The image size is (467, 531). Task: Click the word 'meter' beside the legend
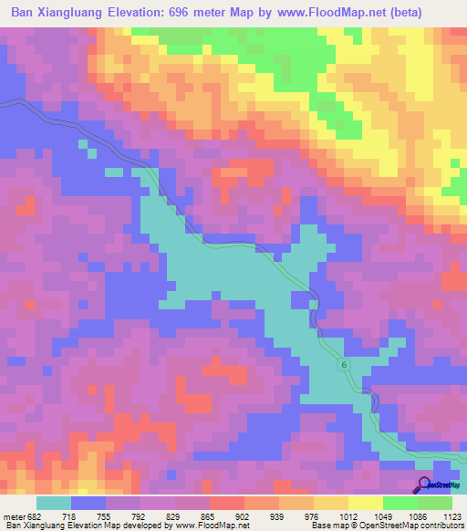tap(14, 517)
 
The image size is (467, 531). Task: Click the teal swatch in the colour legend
tap(54, 503)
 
